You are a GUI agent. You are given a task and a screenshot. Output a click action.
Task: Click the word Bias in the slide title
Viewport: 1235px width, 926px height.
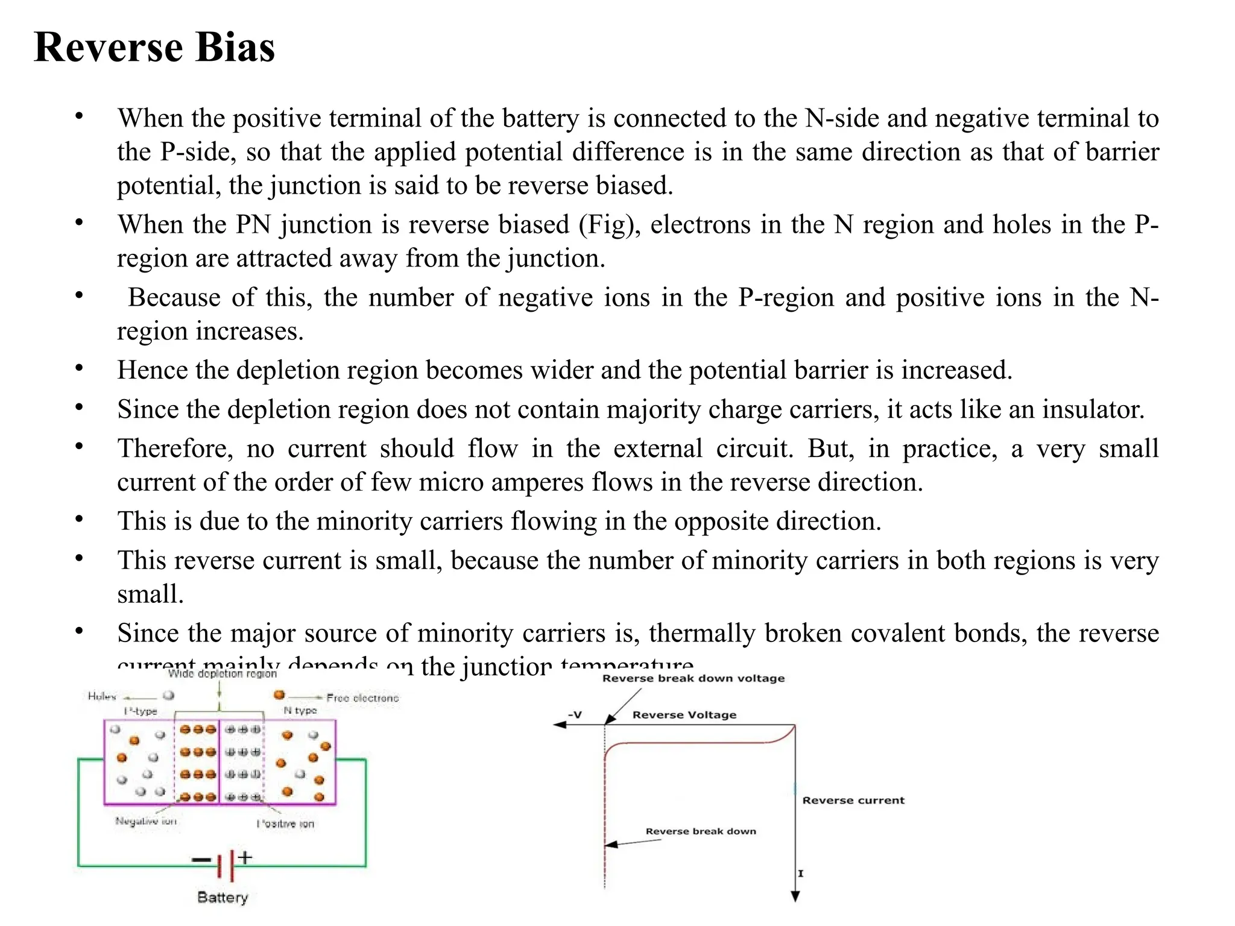pyautogui.click(x=235, y=47)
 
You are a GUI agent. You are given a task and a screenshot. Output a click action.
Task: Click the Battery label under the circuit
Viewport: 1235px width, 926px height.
pyautogui.click(x=223, y=897)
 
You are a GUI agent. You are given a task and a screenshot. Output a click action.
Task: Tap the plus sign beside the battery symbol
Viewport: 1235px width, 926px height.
pyautogui.click(x=245, y=857)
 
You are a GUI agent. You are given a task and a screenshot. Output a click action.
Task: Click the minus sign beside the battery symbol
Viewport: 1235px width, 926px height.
pyautogui.click(x=201, y=860)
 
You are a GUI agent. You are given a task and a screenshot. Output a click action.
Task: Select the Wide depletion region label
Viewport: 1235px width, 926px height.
pyautogui.click(x=222, y=673)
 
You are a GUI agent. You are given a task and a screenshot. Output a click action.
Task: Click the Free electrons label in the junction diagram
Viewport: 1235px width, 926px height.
pyautogui.click(x=362, y=698)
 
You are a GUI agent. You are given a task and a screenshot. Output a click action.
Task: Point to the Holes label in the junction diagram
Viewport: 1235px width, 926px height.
pyautogui.click(x=101, y=696)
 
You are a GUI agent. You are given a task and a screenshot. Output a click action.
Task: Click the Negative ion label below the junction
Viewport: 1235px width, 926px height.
pyautogui.click(x=146, y=821)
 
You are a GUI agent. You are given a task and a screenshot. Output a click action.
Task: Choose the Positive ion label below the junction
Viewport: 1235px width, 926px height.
pyautogui.click(x=285, y=824)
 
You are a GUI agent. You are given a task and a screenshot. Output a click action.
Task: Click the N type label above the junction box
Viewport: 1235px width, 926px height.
pyautogui.click(x=300, y=711)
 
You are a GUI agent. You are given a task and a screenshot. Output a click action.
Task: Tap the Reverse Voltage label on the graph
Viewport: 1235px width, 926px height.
pyautogui.click(x=684, y=715)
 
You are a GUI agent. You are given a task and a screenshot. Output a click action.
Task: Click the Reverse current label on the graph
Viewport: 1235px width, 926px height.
pyautogui.click(x=853, y=801)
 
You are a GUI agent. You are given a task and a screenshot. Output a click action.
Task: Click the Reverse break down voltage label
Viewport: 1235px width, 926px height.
pyautogui.click(x=693, y=678)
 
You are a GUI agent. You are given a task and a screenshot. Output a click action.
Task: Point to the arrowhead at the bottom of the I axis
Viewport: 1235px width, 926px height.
pyautogui.click(x=795, y=897)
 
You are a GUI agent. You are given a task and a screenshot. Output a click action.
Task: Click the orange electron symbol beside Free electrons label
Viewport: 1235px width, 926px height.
pyautogui.click(x=279, y=695)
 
